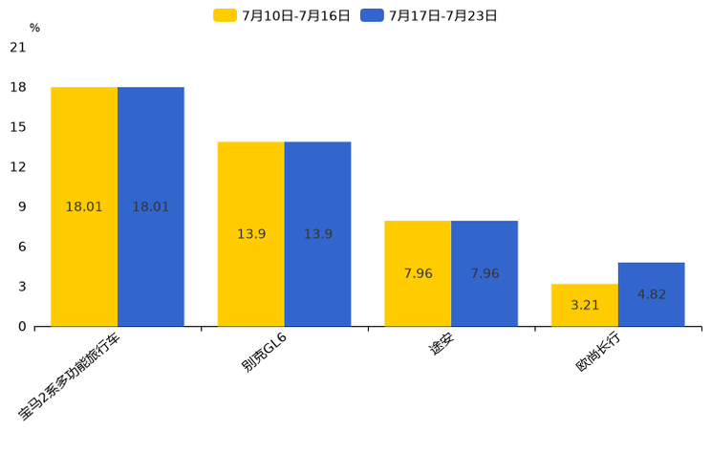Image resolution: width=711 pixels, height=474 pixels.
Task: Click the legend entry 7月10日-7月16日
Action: pyautogui.click(x=283, y=15)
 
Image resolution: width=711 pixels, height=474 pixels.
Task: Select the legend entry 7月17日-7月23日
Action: pyautogui.click(x=430, y=15)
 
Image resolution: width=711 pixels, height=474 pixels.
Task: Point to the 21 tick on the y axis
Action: pyautogui.click(x=18, y=47)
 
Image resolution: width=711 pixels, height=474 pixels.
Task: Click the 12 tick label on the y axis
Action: pyautogui.click(x=18, y=167)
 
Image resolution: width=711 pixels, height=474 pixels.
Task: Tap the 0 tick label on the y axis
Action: pyautogui.click(x=22, y=327)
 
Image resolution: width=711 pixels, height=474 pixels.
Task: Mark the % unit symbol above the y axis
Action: pyautogui.click(x=34, y=28)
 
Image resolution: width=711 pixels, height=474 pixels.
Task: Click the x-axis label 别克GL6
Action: pyautogui.click(x=264, y=352)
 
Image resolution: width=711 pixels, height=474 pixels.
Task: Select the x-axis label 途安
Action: pyautogui.click(x=441, y=346)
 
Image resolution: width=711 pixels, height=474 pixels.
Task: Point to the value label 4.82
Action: pyautogui.click(x=652, y=294)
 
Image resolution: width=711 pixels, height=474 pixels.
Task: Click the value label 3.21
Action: pyautogui.click(x=585, y=306)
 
